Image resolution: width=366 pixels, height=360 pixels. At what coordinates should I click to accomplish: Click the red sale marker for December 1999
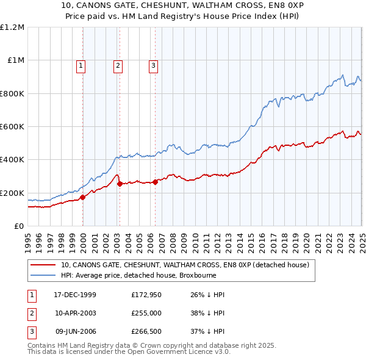point(83,197)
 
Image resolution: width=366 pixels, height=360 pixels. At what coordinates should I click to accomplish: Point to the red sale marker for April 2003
point(120,184)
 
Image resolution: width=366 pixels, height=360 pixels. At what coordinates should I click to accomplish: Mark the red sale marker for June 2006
point(155,181)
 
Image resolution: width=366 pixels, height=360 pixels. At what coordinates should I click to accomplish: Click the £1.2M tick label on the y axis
point(12,27)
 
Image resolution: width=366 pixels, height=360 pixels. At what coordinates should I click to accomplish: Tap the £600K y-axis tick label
point(12,127)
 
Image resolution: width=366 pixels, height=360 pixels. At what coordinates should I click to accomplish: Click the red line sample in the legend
point(43,265)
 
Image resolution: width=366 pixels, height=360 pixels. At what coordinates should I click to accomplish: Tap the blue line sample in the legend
point(43,276)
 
